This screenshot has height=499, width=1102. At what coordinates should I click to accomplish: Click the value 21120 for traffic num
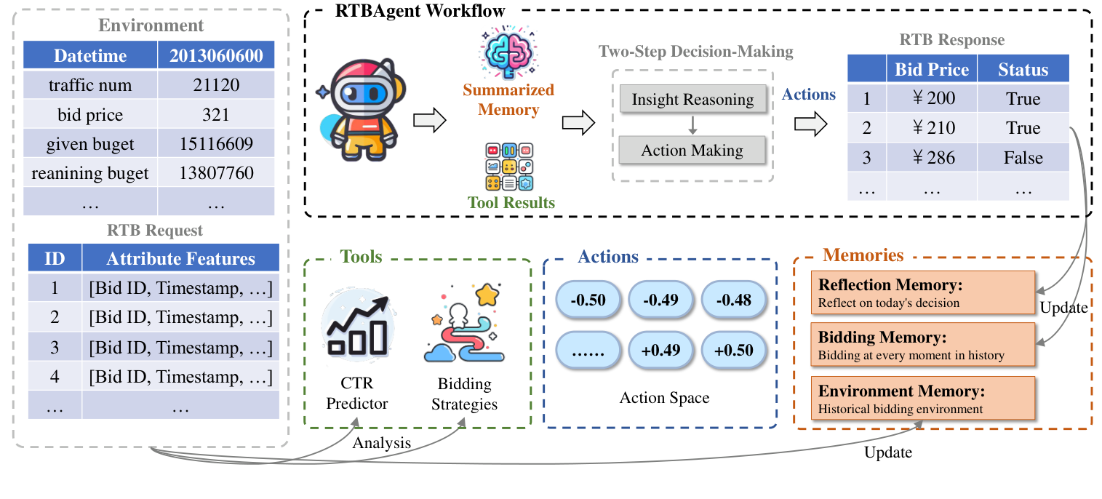pyautogui.click(x=216, y=85)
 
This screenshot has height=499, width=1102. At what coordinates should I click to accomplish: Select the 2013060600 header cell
pyautogui.click(x=216, y=56)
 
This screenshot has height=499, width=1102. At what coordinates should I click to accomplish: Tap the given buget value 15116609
pyautogui.click(x=216, y=144)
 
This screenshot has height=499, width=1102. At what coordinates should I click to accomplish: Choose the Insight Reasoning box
pyautogui.click(x=692, y=100)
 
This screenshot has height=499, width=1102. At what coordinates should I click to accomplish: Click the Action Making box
pyautogui.click(x=692, y=151)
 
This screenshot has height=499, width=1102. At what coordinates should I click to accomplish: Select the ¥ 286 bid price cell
pyautogui.click(x=932, y=158)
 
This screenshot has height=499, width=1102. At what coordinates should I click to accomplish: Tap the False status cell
pyautogui.click(x=1023, y=158)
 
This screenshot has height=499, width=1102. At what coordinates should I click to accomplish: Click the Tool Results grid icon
pyautogui.click(x=508, y=167)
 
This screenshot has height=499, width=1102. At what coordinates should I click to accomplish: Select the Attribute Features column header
pyautogui.click(x=180, y=259)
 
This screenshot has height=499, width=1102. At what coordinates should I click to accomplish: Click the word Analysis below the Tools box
pyautogui.click(x=382, y=442)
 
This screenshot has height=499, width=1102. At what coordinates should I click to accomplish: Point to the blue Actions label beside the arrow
pyautogui.click(x=809, y=95)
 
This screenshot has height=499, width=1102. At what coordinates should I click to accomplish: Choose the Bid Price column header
pyautogui.click(x=932, y=70)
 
